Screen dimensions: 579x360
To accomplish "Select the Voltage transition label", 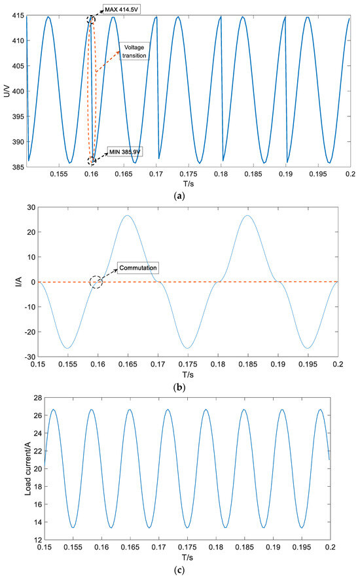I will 133,52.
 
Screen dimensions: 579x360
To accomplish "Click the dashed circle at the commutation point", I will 97,282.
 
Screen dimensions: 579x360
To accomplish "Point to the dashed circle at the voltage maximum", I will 91,20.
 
